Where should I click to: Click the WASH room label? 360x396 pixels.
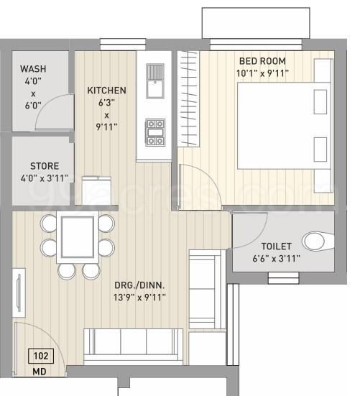[x=34, y=68]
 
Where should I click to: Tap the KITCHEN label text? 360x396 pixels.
[x=106, y=91]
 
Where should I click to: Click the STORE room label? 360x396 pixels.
[x=44, y=165]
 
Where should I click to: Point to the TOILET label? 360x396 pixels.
[x=276, y=246]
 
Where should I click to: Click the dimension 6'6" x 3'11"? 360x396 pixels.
[x=276, y=258]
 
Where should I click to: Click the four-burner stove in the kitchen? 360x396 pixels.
[x=156, y=132]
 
